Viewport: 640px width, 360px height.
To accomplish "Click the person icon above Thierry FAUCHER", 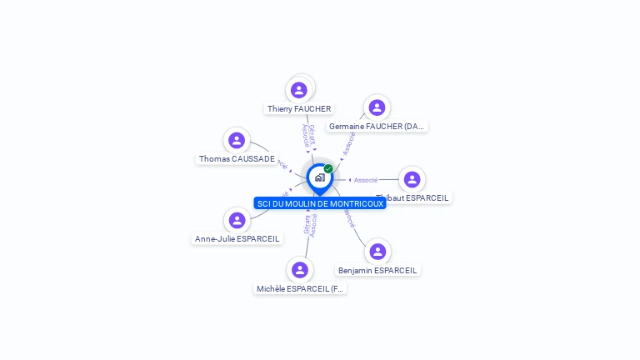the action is (299, 90).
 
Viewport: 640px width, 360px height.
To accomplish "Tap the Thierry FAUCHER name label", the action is (299, 109).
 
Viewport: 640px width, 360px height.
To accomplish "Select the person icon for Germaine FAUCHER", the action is (377, 107).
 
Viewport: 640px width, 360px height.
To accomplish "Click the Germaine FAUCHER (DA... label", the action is (377, 127).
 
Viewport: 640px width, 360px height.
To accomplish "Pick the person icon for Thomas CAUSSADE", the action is (237, 140).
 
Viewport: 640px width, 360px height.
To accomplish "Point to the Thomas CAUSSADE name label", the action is (237, 159).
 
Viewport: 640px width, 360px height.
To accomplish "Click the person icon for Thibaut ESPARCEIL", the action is (412, 179).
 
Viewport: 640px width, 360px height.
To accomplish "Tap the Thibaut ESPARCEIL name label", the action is (413, 198).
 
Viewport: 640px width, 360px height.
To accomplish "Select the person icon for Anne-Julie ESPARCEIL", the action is (237, 220).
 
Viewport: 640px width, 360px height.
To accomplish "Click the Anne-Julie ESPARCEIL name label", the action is (237, 239).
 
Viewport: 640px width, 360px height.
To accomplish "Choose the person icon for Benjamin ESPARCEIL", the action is (377, 251).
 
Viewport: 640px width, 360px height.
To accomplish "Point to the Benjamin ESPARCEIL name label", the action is (377, 271).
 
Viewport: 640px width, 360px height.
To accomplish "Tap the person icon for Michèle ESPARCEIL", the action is (300, 269).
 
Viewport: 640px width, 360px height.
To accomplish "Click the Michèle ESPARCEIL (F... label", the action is (300, 289).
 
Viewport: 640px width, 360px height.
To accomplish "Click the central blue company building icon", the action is (319, 177).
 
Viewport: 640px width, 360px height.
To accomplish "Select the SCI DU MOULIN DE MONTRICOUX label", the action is (320, 203).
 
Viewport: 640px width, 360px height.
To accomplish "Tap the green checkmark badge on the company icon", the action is (328, 168).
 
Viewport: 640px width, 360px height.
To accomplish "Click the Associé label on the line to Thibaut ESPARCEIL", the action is (366, 180).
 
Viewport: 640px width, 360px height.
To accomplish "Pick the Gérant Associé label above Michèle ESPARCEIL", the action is (310, 225).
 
